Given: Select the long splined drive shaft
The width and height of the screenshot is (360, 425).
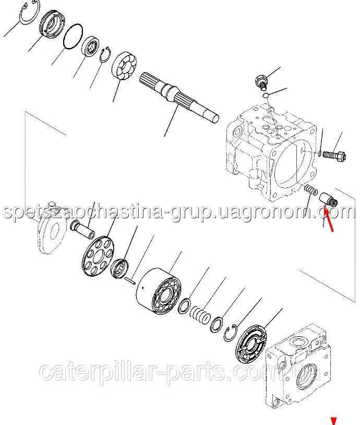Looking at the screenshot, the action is [x=179, y=97].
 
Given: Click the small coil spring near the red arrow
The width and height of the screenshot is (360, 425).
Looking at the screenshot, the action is [x=310, y=189].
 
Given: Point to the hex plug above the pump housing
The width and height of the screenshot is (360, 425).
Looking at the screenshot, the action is [x=262, y=82].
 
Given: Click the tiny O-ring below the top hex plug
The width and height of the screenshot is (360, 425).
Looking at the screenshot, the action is [x=266, y=95].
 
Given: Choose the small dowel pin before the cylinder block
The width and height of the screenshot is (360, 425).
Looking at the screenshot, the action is [x=130, y=280].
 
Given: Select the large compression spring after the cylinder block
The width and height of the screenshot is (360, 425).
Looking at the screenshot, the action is [x=200, y=314].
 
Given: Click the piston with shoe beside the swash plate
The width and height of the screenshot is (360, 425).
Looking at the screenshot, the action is [x=82, y=229].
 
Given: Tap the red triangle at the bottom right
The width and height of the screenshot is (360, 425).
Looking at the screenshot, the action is [x=333, y=421].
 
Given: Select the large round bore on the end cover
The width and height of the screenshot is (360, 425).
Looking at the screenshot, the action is [x=307, y=377].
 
